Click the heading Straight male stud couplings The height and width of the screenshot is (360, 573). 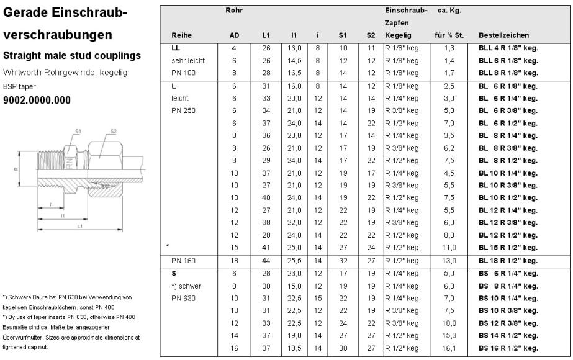[x=72, y=56]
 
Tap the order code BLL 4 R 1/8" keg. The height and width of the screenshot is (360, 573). [x=508, y=48]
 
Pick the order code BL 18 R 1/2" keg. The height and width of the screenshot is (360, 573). [x=508, y=261]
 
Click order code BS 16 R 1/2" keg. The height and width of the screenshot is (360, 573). [x=508, y=349]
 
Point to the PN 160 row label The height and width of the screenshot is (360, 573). [x=183, y=261]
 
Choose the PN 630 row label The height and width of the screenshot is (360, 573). [x=183, y=297]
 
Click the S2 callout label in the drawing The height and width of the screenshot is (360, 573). [x=113, y=132]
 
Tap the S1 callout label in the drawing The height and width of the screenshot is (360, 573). [x=78, y=132]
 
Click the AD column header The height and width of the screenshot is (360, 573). [x=234, y=35]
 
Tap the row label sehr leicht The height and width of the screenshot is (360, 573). [x=188, y=61]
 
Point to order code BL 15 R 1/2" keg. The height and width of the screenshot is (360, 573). [x=508, y=248]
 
